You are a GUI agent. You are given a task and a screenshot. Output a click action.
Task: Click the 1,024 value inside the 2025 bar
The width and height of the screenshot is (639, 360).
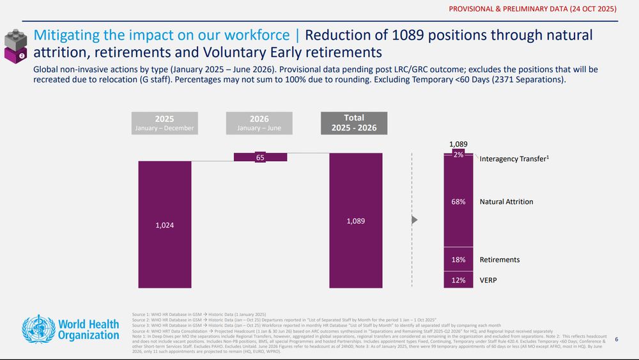coord(164,225)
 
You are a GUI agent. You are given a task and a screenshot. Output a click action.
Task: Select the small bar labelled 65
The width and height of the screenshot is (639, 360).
coord(260,157)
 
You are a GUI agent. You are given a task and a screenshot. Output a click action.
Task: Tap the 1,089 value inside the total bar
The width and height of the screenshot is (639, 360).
coord(356,221)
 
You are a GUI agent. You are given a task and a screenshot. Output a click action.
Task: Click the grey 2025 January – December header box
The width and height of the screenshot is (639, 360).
coord(164,123)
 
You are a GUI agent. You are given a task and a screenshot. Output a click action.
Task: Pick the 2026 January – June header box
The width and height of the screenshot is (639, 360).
coord(259,123)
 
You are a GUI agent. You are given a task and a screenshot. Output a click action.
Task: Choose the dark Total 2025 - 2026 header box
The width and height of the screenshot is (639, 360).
coord(354,123)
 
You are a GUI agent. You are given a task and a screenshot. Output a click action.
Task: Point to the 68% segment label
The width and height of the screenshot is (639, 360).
coord(459,202)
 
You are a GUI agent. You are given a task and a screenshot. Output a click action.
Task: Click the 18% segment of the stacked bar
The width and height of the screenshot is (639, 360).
coord(459,260)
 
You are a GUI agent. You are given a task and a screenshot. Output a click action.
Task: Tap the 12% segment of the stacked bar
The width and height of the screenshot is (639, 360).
coord(459,280)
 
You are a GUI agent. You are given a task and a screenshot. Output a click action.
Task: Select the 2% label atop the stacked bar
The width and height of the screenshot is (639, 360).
coord(459,155)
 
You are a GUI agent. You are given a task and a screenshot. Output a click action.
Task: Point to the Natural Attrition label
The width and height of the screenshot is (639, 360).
coord(506,202)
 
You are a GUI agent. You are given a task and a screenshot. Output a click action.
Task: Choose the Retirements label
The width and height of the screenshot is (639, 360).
coord(500,260)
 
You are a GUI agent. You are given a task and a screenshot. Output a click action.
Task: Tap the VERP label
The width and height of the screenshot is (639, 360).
coord(488,280)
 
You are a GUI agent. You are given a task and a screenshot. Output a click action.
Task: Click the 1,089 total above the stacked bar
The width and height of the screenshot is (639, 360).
coord(459,145)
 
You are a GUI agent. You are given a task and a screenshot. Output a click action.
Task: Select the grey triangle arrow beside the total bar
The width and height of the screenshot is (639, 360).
coord(415,221)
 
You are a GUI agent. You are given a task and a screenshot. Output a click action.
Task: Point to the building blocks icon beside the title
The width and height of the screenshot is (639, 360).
coord(16,45)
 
